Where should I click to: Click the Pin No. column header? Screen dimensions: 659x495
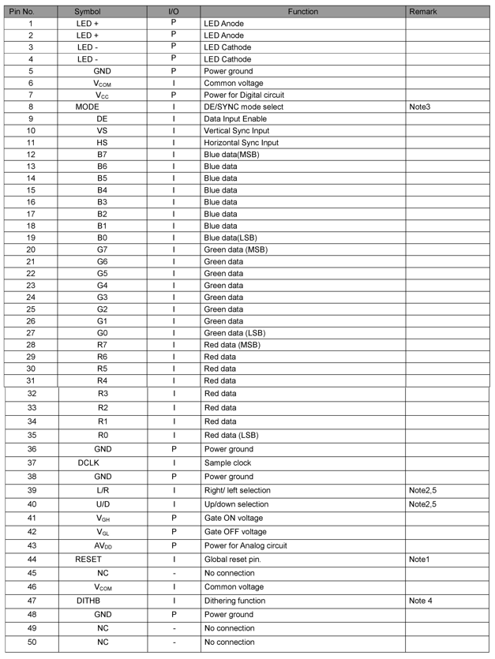coord(31,12)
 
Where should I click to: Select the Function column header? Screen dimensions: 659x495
coord(303,12)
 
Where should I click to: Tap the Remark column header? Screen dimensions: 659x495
coord(423,12)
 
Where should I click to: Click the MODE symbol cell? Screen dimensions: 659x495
coord(88,107)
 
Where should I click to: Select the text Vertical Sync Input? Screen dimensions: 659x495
coord(237,130)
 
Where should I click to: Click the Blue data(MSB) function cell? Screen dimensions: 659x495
coord(231,155)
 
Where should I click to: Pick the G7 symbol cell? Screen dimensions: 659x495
coord(103,249)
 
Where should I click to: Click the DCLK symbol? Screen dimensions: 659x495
coord(88,463)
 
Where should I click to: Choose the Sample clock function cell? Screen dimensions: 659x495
coord(228,463)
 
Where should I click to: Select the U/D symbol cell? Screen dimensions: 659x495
coord(103,504)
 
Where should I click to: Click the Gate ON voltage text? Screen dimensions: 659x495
coord(234,519)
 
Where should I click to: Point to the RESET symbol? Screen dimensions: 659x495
coord(88,560)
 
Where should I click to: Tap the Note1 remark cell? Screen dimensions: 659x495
coord(420,560)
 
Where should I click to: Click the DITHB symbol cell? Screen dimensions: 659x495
coord(88,601)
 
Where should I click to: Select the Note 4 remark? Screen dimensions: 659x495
coord(422,601)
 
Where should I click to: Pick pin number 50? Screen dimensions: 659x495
coord(32,642)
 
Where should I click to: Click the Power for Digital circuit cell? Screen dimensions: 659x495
coord(244,95)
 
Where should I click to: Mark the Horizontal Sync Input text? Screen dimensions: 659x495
coord(241,143)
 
